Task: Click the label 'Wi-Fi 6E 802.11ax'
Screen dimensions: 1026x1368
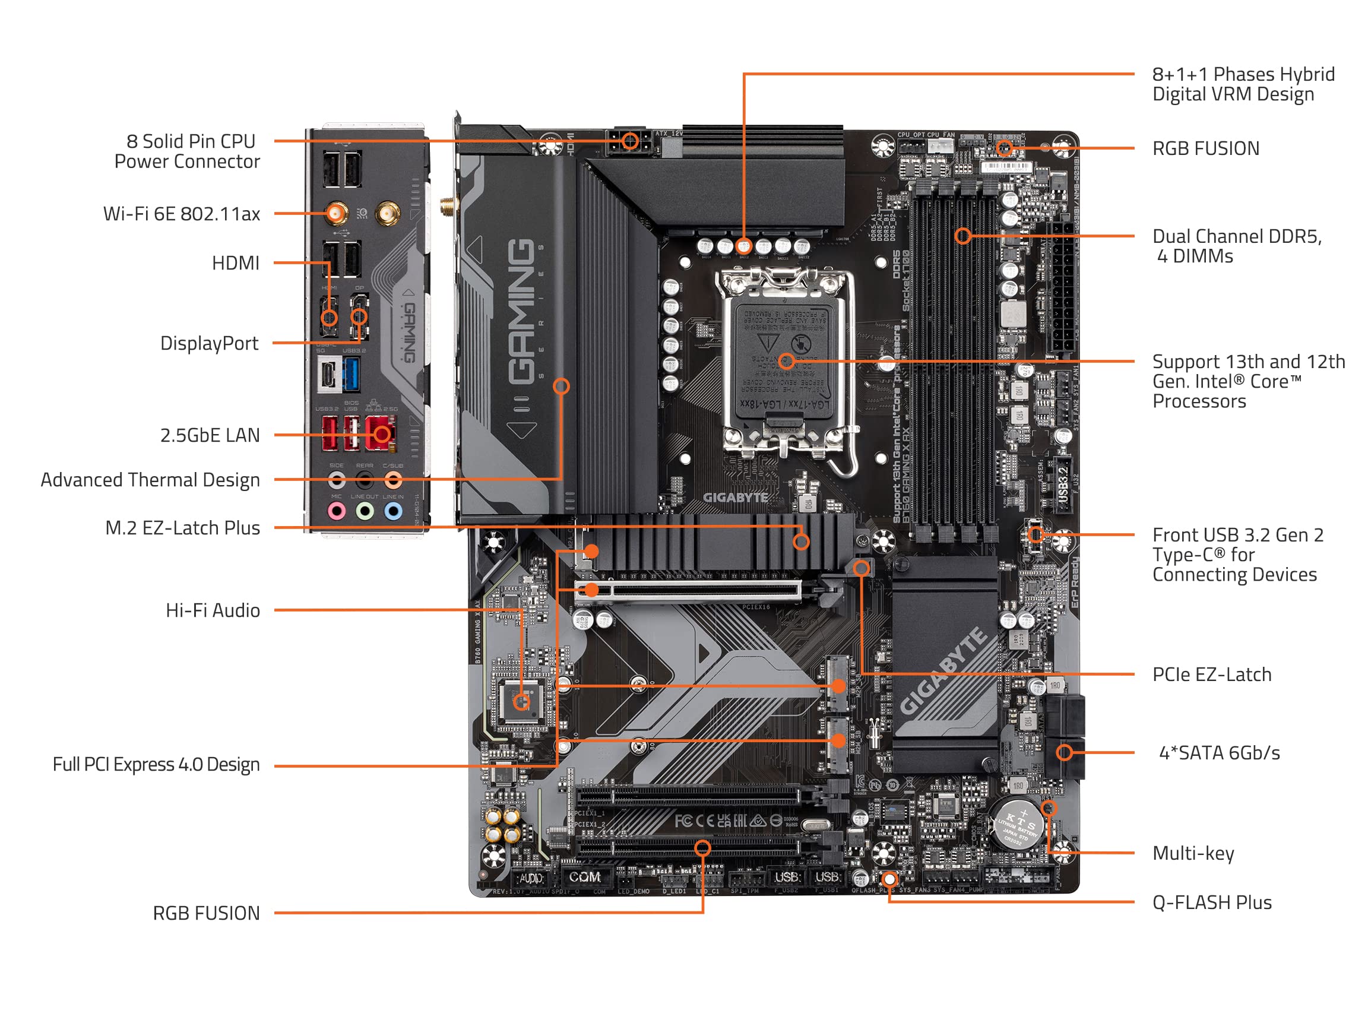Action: tap(181, 214)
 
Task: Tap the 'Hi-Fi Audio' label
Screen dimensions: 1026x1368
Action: tap(212, 610)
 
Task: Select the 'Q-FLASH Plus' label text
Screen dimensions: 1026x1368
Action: tap(1211, 902)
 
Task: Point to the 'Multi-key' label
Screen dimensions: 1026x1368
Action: tap(1192, 853)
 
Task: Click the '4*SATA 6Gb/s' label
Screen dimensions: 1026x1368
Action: tap(1219, 753)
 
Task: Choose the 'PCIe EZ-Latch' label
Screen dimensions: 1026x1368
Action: tap(1211, 674)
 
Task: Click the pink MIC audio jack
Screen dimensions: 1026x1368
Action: tap(337, 511)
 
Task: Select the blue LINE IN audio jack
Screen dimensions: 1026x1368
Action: tap(393, 511)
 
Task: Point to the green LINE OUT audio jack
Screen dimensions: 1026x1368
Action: tap(365, 511)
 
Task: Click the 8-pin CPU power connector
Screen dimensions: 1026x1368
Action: tap(629, 142)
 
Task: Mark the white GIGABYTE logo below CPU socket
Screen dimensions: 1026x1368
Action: tap(734, 497)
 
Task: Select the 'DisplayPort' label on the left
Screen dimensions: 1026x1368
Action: tap(209, 343)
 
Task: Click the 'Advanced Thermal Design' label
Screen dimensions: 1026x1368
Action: tap(150, 480)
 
